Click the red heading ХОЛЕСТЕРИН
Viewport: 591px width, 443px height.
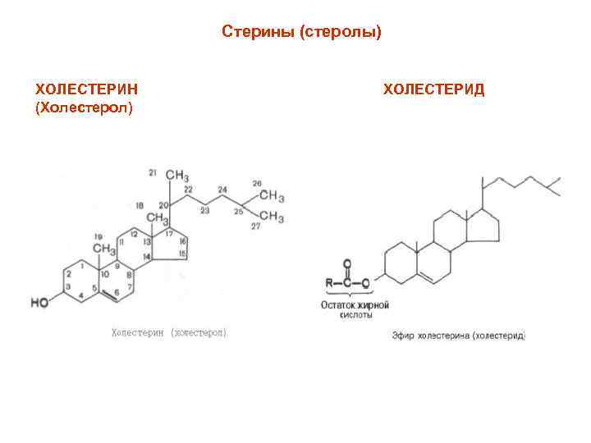point(86,89)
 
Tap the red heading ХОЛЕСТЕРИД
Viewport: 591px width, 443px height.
point(434,89)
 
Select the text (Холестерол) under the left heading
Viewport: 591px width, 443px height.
point(84,107)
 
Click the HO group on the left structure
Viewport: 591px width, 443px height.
point(40,302)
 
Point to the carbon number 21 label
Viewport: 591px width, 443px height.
point(153,172)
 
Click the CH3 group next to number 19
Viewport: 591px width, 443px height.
point(103,248)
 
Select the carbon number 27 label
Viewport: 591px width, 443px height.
point(256,226)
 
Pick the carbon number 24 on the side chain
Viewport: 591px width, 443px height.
point(222,190)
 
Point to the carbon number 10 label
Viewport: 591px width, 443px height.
point(105,275)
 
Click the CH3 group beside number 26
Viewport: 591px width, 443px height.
point(271,197)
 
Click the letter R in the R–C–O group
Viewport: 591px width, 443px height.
point(330,283)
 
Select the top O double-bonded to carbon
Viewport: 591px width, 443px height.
point(347,265)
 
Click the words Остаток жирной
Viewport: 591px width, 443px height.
point(354,305)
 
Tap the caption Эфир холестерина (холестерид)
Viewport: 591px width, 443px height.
point(458,336)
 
